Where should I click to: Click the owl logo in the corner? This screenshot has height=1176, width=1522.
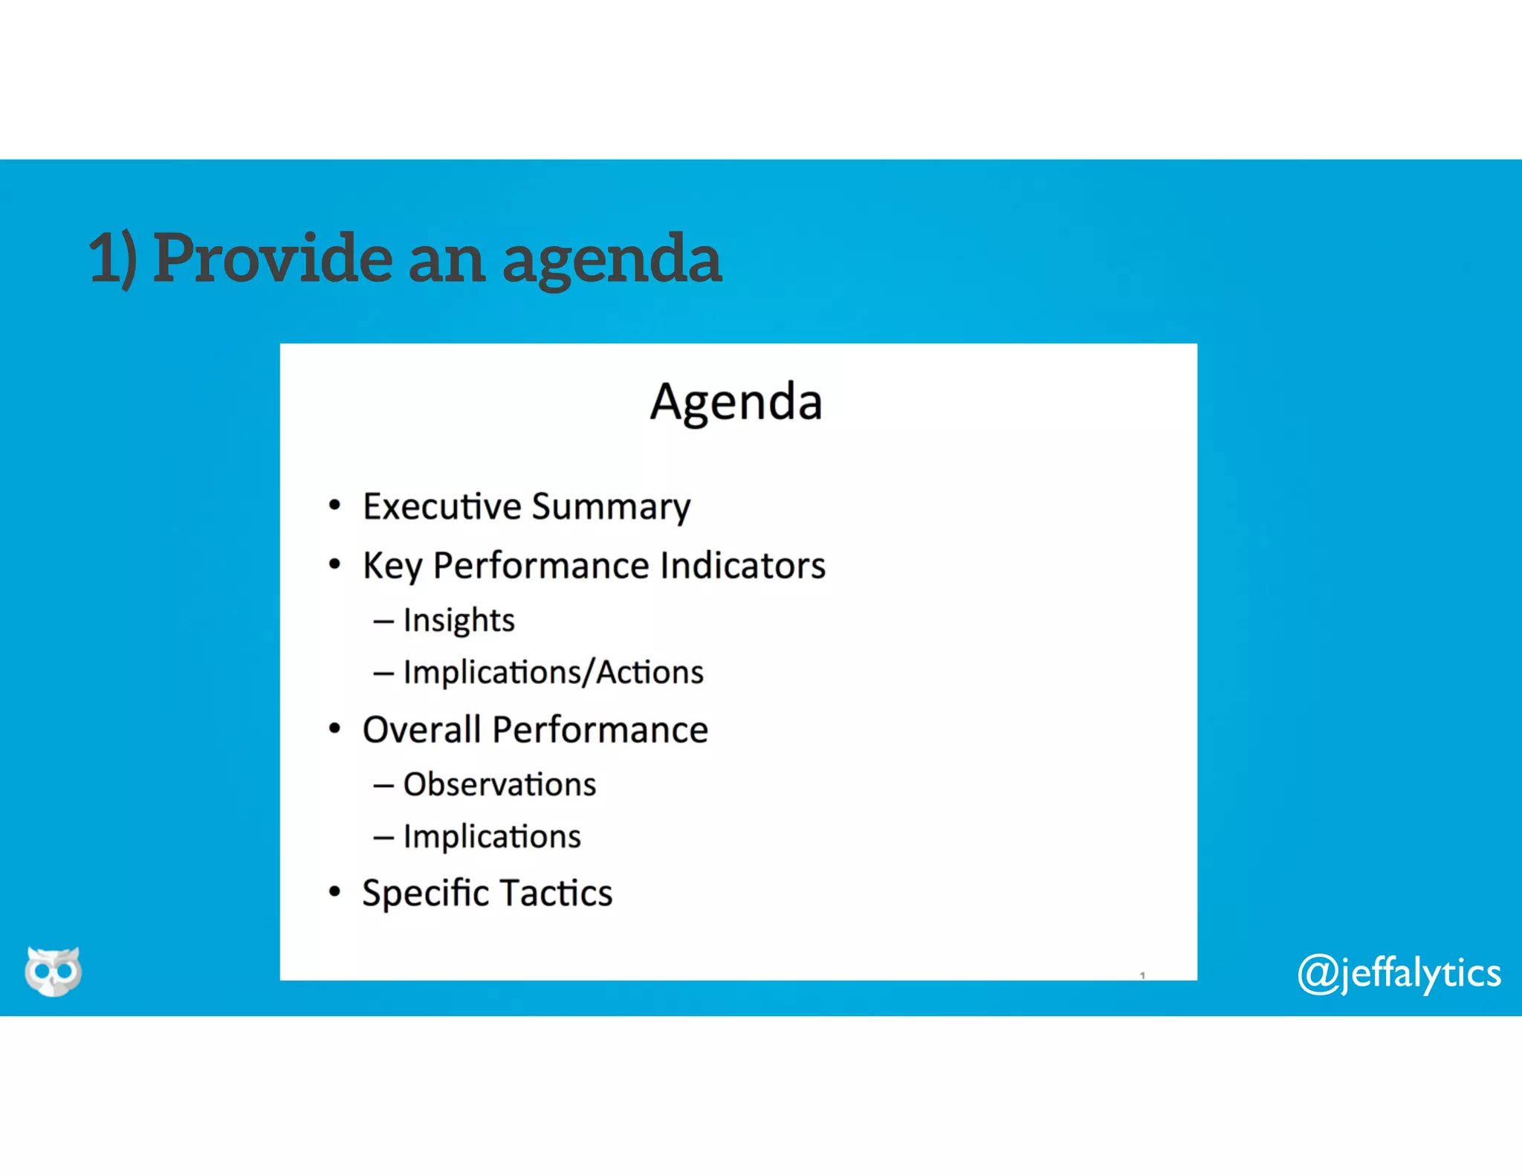[54, 970]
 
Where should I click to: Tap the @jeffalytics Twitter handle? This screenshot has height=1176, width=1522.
[1399, 973]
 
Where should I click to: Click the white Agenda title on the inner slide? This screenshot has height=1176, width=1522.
[736, 402]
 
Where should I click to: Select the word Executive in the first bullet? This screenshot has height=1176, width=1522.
[442, 506]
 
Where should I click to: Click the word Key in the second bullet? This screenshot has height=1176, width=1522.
[392, 566]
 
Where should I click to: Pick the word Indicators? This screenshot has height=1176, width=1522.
[742, 566]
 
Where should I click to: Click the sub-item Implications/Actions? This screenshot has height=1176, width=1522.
[553, 672]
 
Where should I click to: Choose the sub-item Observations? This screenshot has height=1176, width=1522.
[499, 784]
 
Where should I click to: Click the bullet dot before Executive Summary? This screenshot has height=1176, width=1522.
[334, 505]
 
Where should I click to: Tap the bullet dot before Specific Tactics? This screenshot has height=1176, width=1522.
[334, 891]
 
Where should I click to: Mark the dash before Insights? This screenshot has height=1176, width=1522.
[383, 621]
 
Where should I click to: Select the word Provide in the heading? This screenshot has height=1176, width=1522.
[273, 258]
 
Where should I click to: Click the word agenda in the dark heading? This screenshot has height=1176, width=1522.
[612, 260]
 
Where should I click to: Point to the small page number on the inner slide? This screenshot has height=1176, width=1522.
[1142, 975]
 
